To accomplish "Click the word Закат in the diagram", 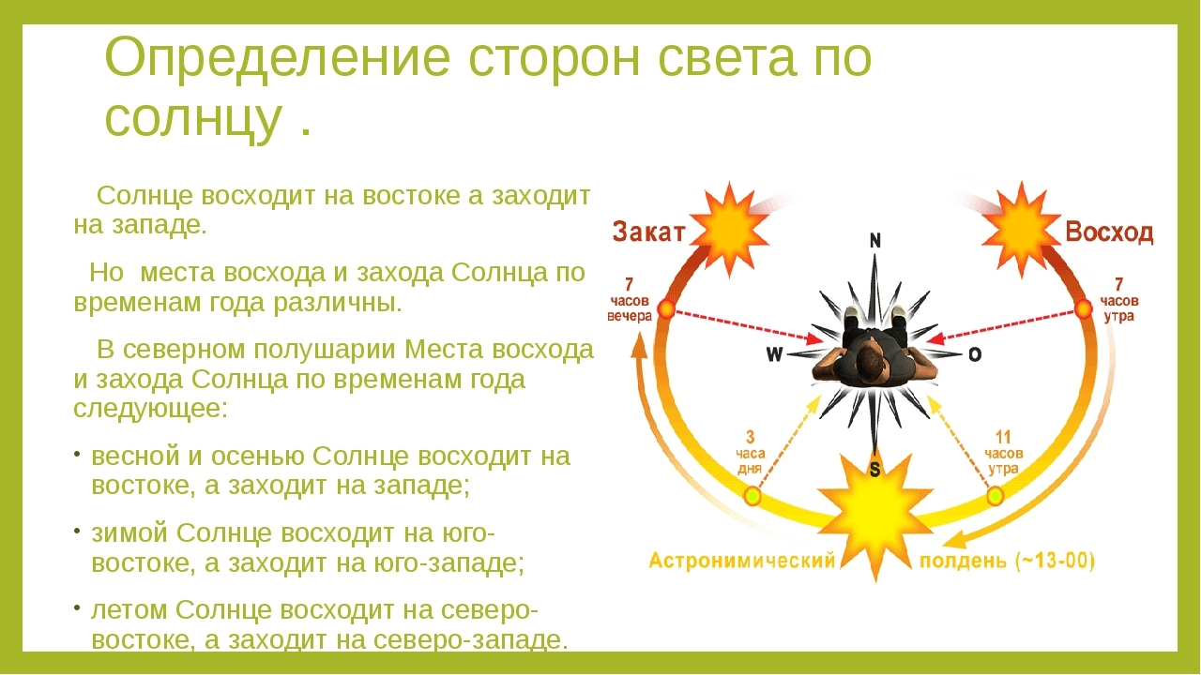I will pos(649,232).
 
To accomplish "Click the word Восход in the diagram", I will pos(1109,232).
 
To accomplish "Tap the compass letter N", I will pos(875,241).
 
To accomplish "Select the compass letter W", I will pos(774,354).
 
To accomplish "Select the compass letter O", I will pos(975,354).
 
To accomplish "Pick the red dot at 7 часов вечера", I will pos(666,308).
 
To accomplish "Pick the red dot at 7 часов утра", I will pos(1084,308).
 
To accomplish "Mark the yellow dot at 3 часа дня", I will pos(753,496).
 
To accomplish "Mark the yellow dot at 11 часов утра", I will pos(996,496).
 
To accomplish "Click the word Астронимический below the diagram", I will pos(742,562).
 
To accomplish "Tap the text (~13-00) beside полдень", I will pos(1053,562).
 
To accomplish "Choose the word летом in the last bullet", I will pos(129,609).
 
